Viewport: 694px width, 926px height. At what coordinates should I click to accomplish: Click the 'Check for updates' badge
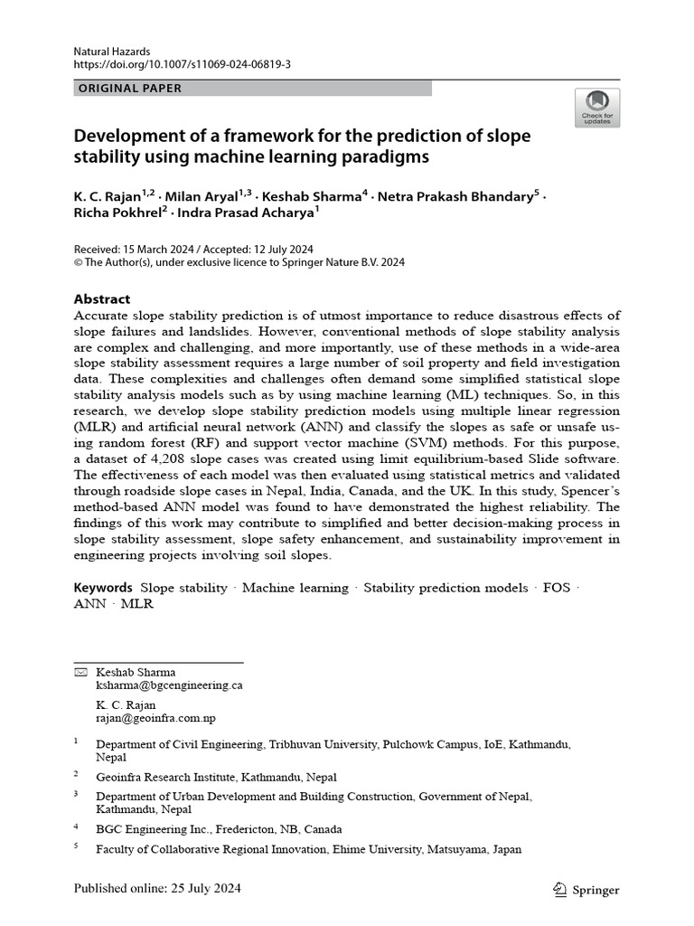596,107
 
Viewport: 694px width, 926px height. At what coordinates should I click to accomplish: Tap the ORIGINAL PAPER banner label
130,89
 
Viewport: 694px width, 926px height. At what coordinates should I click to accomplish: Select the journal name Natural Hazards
112,52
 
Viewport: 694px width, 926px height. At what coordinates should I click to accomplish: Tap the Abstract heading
102,299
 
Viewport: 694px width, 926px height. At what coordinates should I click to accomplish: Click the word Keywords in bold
103,588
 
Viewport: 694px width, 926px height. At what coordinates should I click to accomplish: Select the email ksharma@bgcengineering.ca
169,685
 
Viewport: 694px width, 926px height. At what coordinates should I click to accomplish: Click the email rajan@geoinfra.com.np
155,718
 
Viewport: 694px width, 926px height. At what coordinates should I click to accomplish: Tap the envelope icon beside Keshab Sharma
80,673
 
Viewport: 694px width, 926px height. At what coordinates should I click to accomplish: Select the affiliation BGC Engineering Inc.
155,828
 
